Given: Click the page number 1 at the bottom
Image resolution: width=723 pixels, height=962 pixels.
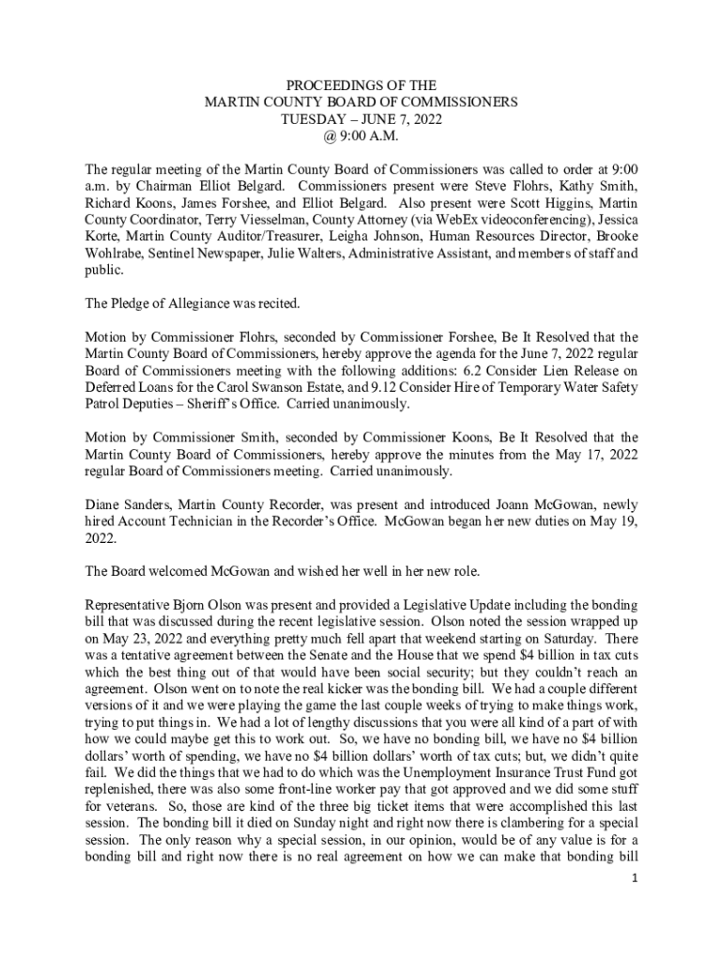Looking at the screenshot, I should [635, 877].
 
